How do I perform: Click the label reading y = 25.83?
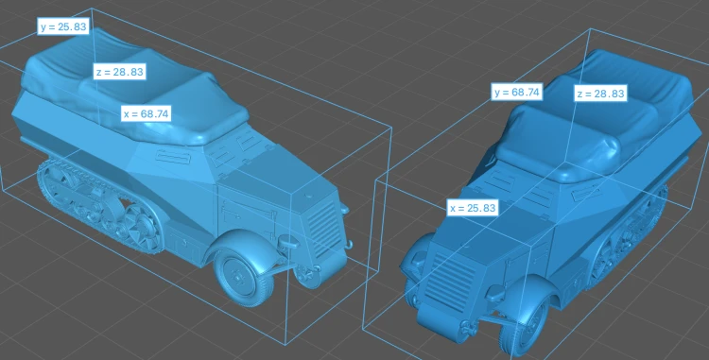click(62, 26)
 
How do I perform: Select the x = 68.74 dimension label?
click(146, 113)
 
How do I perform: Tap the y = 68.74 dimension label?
click(517, 93)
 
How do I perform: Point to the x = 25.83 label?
click(473, 208)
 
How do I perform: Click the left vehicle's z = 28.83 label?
click(120, 72)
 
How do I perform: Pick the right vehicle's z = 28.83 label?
click(601, 94)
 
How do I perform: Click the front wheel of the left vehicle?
click(245, 276)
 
